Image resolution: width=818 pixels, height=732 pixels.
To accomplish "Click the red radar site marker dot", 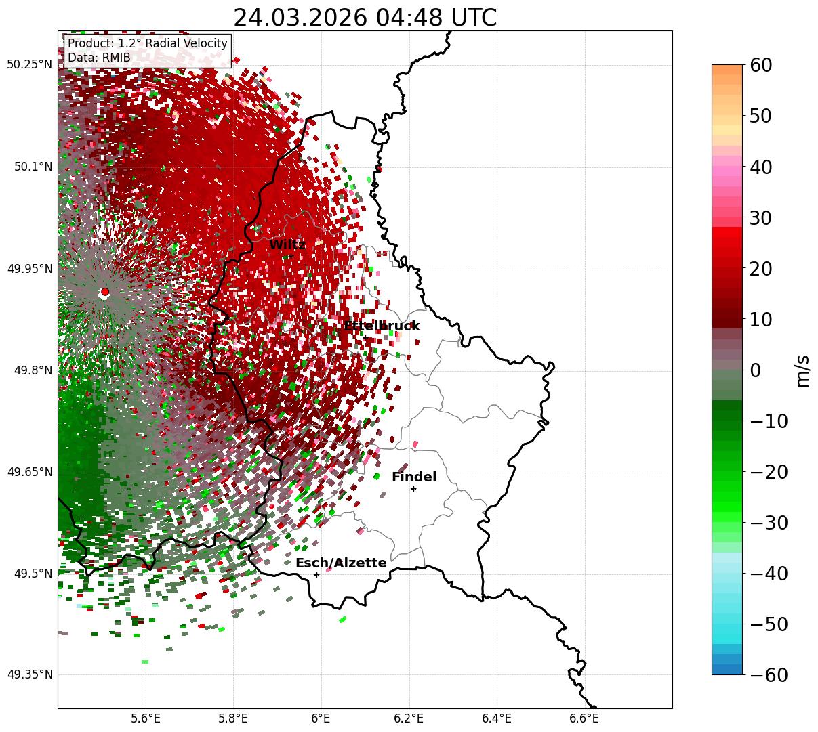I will click(104, 292).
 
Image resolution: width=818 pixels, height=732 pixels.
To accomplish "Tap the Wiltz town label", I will click(287, 244).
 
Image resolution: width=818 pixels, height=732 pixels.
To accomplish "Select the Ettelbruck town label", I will click(382, 326).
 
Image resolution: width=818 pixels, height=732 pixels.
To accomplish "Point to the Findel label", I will click(413, 477).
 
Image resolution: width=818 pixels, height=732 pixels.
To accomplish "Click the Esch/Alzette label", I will click(340, 563).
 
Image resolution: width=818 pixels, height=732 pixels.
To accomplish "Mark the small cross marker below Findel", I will click(413, 488).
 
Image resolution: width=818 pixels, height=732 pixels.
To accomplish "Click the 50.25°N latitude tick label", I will click(29, 64).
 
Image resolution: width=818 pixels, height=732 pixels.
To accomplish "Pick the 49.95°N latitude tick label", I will click(29, 269).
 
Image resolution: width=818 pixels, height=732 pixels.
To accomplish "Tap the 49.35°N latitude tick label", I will click(29, 674).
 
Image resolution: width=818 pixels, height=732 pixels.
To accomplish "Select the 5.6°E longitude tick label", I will click(146, 718).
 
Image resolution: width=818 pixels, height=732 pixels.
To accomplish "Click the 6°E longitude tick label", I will click(321, 718).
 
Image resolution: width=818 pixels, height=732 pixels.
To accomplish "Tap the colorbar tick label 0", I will click(756, 370).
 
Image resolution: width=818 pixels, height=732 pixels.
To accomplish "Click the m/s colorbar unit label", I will click(802, 370).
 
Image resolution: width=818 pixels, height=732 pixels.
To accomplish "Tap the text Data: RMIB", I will click(99, 58).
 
